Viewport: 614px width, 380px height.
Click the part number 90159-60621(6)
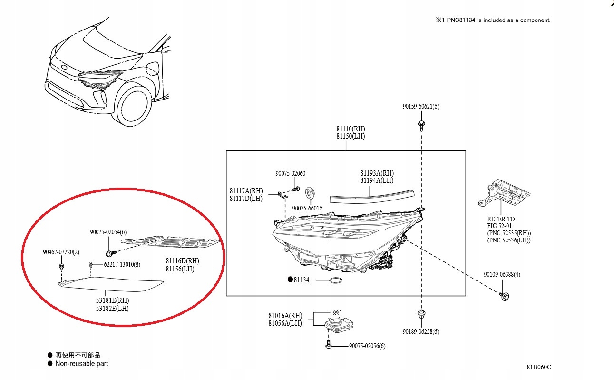pyautogui.click(x=420, y=106)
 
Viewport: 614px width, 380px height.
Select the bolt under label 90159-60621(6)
pyautogui.click(x=421, y=125)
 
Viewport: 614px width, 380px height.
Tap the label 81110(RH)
pyautogui.click(x=351, y=129)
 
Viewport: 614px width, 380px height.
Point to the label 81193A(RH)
pyautogui.click(x=377, y=173)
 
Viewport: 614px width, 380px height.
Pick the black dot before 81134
pyautogui.click(x=290, y=280)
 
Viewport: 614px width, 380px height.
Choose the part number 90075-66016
pyautogui.click(x=307, y=208)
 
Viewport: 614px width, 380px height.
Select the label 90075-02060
pyautogui.click(x=290, y=174)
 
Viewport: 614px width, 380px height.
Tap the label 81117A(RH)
pyautogui.click(x=246, y=191)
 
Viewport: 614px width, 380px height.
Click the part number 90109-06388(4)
pyautogui.click(x=502, y=275)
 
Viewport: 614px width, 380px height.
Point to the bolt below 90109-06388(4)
pyautogui.click(x=504, y=296)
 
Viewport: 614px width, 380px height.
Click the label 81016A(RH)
pyautogui.click(x=285, y=315)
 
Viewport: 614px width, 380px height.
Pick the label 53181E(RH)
pyautogui.click(x=113, y=300)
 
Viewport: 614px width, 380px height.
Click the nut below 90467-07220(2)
pyautogui.click(x=62, y=265)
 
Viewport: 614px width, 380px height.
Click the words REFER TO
pyautogui.click(x=501, y=219)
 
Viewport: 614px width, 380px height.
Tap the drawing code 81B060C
pyautogui.click(x=538, y=367)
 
